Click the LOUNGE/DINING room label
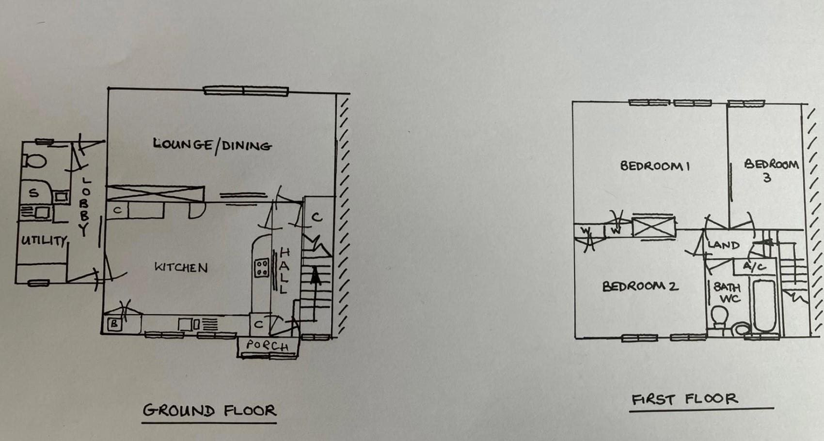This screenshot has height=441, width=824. [212, 145]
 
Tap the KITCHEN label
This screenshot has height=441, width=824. [181, 267]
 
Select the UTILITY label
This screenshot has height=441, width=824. [44, 240]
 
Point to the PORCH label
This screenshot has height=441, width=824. [267, 345]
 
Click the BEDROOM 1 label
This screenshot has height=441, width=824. [655, 166]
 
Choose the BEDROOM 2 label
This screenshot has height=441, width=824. [640, 286]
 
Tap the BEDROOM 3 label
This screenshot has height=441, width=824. [771, 170]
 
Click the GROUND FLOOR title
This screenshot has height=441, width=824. [209, 411]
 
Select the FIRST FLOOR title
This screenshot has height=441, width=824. [684, 399]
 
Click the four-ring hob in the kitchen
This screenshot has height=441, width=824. [262, 268]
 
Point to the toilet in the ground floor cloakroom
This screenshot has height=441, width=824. [35, 161]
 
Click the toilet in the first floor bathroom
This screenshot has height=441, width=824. [719, 317]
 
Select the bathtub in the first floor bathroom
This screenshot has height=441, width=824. [764, 305]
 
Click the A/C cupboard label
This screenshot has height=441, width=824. [755, 266]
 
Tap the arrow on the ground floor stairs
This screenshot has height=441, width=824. [316, 281]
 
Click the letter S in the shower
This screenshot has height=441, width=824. [33, 193]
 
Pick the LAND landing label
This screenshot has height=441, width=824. [723, 245]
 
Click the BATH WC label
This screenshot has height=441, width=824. [727, 292]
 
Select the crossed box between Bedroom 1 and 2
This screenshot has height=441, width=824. [653, 228]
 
